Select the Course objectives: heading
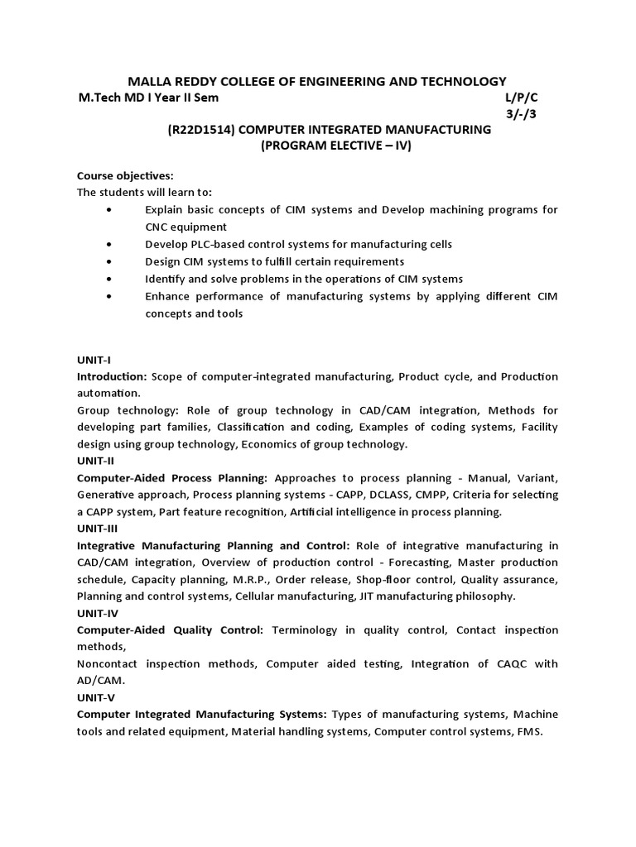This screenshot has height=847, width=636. point(125,176)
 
